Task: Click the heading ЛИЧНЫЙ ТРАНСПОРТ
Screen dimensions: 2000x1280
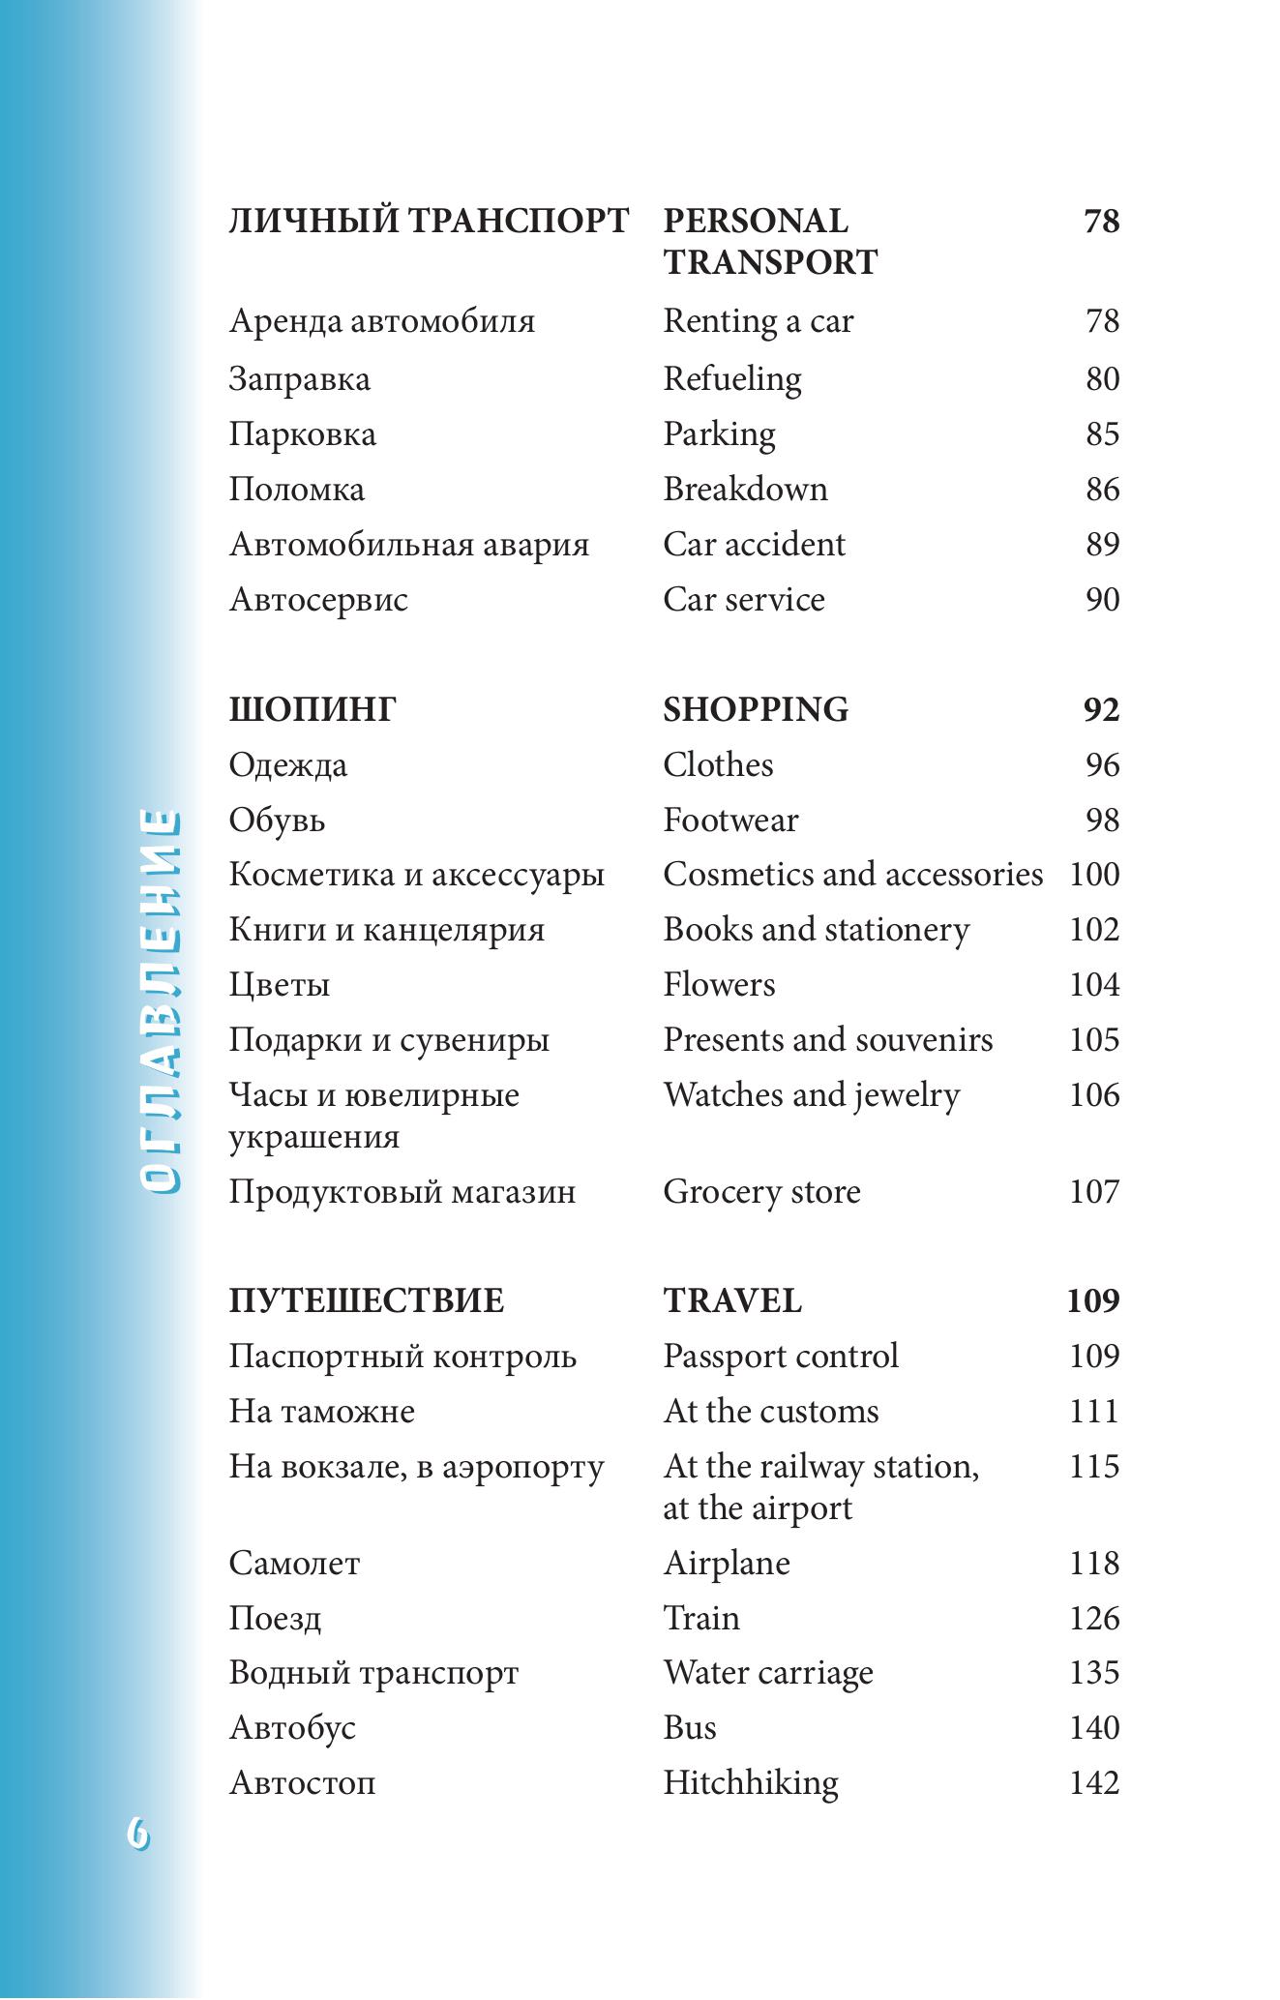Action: (x=429, y=222)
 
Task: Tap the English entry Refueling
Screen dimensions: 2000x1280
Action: (x=731, y=379)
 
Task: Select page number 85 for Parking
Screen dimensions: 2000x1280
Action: (x=1101, y=433)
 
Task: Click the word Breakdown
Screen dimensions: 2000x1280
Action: (x=745, y=490)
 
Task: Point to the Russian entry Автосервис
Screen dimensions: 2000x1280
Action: (x=318, y=600)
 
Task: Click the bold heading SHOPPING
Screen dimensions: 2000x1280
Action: (x=755, y=710)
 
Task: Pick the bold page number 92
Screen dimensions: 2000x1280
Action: (x=1101, y=710)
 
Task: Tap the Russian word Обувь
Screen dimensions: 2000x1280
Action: (x=277, y=821)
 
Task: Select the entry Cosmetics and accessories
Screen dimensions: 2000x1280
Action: (x=852, y=875)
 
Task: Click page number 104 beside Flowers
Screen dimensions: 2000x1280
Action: (x=1093, y=985)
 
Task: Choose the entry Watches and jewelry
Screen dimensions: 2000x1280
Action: (x=811, y=1095)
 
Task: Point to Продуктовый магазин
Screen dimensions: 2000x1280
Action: (x=402, y=1192)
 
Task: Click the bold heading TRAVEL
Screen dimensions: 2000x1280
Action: (x=731, y=1301)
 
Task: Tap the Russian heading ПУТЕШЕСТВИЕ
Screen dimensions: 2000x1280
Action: (x=366, y=1301)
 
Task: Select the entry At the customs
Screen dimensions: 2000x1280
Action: (x=770, y=1412)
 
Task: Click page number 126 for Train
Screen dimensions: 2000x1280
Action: (x=1093, y=1619)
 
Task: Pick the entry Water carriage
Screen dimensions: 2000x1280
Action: (x=767, y=1673)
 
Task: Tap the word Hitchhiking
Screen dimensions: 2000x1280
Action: (x=750, y=1783)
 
